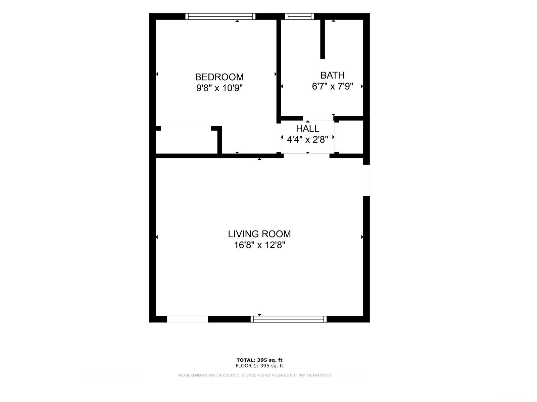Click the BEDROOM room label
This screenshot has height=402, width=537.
(219, 77)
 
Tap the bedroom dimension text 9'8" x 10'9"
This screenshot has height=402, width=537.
(219, 88)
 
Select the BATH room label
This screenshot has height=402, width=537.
(333, 75)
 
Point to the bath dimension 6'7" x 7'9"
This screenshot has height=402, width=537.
(333, 86)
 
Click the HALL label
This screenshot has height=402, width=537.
(307, 129)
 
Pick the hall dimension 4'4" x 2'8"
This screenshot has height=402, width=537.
(307, 140)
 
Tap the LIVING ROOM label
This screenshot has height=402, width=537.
(259, 234)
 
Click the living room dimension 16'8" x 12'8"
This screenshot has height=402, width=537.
(259, 245)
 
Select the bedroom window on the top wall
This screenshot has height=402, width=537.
(221, 16)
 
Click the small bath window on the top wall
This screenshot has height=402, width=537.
(300, 16)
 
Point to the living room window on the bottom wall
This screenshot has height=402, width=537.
(288, 319)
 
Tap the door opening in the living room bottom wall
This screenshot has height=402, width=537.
(187, 319)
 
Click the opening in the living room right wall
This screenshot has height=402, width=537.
(366, 180)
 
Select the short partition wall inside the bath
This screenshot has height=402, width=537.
(323, 39)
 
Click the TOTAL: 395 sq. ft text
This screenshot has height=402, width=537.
(259, 360)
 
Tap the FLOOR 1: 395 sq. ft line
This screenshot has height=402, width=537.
(259, 366)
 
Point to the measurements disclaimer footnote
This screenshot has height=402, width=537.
(255, 375)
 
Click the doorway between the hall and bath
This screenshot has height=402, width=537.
(318, 118)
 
